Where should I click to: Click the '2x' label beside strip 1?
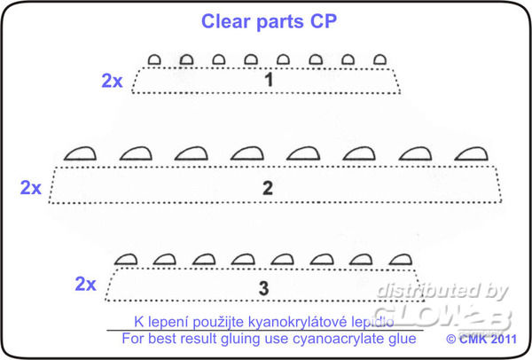[112, 81]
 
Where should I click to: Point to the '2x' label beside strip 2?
[31, 187]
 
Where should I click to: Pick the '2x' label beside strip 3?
[85, 285]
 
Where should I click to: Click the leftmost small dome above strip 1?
[153, 60]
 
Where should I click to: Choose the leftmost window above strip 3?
[126, 260]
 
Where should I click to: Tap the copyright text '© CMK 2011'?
[482, 339]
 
